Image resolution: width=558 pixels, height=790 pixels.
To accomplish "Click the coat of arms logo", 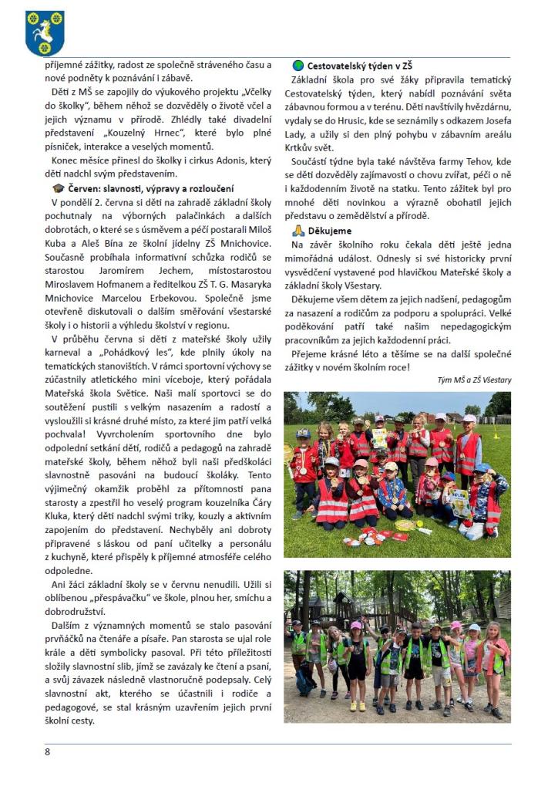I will (44, 33).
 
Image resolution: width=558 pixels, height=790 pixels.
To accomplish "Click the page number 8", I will (47, 751).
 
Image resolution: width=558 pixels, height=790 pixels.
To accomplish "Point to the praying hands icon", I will (298, 230).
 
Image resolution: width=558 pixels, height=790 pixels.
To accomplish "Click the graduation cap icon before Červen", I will (59, 188).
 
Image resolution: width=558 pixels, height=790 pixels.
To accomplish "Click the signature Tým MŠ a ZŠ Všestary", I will (473, 380).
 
